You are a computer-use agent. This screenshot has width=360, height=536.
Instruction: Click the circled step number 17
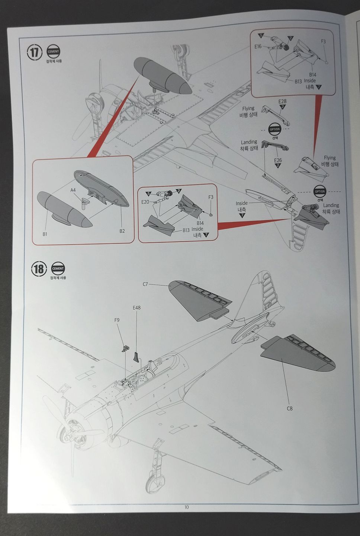(x=34, y=52)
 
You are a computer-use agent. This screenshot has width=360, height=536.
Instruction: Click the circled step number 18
(x=39, y=268)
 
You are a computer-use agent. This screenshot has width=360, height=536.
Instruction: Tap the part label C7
(x=145, y=284)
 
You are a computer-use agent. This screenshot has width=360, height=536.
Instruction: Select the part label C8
(x=290, y=408)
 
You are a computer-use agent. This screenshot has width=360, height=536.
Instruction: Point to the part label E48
(x=136, y=308)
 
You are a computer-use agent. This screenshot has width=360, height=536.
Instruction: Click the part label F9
(x=117, y=320)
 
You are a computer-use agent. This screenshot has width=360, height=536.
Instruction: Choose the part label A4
(x=73, y=190)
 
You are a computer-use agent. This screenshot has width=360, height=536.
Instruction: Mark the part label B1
(x=45, y=234)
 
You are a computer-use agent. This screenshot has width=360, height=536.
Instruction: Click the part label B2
(x=122, y=231)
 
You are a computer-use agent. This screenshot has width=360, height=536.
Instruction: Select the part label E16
(x=258, y=47)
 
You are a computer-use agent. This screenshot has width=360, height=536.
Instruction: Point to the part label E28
(x=283, y=102)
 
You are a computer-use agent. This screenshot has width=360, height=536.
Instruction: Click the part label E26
(x=278, y=160)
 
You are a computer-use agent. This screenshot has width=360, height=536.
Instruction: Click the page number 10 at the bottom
(x=186, y=507)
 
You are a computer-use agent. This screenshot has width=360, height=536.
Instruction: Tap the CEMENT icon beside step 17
(x=53, y=52)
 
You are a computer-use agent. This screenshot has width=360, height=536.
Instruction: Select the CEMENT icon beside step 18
(x=58, y=268)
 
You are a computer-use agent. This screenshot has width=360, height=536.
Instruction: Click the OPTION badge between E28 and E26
(x=275, y=129)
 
